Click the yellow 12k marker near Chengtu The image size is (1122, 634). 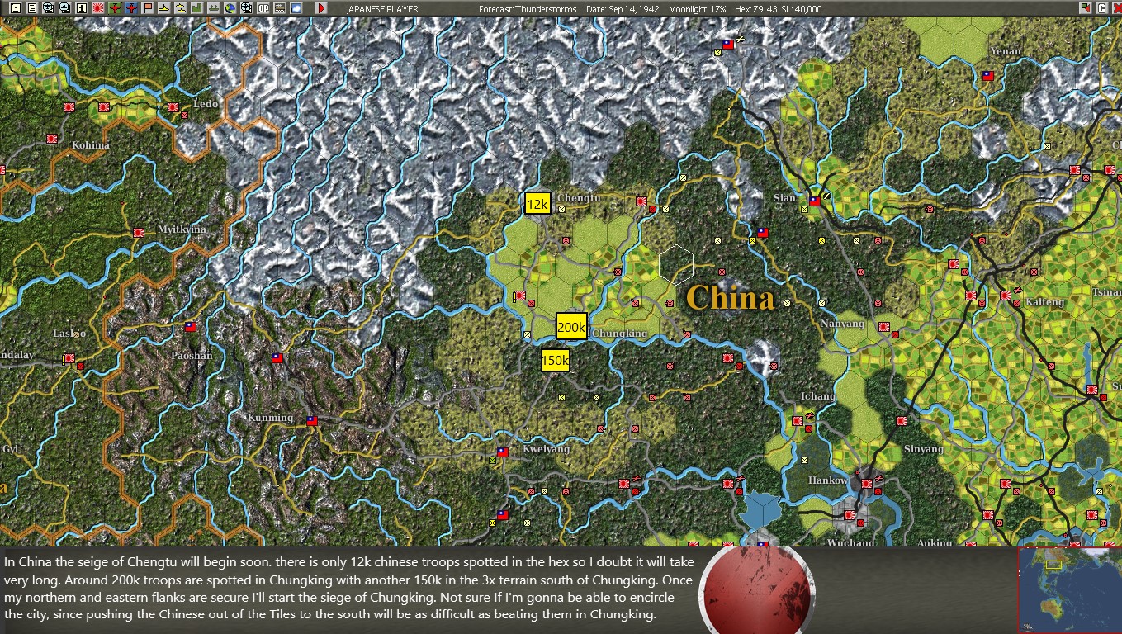click(537, 204)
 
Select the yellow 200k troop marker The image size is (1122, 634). click(571, 327)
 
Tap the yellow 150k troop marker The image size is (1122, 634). click(555, 360)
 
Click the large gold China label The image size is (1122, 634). click(730, 298)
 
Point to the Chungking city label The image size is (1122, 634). click(619, 334)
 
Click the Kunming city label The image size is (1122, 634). click(270, 418)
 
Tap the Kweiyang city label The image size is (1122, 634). click(546, 449)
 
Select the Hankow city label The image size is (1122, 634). click(827, 480)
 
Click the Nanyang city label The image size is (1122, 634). click(843, 324)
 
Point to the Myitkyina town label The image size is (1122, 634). click(182, 229)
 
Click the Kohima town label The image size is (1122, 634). click(90, 145)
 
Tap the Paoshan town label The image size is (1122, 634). click(192, 356)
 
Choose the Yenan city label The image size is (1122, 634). click(1005, 51)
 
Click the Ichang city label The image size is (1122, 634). click(817, 396)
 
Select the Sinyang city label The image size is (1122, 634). click(923, 449)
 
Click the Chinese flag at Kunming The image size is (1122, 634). click(311, 420)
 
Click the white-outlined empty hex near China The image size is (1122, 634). click(676, 264)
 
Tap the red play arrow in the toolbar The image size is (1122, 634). click(321, 8)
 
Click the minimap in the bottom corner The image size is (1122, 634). click(1069, 589)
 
